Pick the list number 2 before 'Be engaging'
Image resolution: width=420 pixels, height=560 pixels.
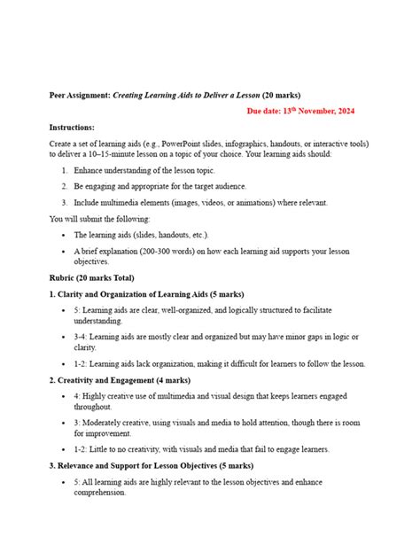coord(65,186)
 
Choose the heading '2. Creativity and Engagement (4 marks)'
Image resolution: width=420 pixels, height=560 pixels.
coord(116,380)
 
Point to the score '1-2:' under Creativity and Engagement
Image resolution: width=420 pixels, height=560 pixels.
coord(82,449)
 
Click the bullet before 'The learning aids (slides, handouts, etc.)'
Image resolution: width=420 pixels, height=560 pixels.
coord(66,235)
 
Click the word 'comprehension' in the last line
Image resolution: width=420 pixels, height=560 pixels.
coord(103,493)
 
